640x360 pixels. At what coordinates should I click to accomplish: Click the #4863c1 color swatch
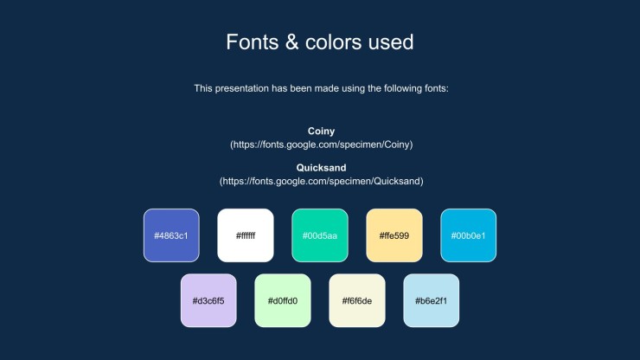click(171, 235)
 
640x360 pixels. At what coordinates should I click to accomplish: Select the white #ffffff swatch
click(246, 235)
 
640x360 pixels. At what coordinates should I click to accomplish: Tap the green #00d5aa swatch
click(320, 235)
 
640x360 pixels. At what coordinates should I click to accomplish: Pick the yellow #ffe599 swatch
click(394, 235)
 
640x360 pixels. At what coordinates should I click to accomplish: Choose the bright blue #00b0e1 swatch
click(469, 235)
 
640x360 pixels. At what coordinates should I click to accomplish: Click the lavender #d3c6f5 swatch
click(208, 300)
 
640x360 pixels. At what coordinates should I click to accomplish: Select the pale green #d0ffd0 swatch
click(283, 300)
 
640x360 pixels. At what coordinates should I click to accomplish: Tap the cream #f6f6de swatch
click(357, 300)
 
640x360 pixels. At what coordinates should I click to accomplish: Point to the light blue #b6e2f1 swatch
click(432, 300)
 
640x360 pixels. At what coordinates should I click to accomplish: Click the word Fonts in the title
click(253, 42)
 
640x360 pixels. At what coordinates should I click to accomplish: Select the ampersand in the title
click(291, 42)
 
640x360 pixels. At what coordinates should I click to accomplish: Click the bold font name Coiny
click(321, 132)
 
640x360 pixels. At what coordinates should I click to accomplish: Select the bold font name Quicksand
click(321, 168)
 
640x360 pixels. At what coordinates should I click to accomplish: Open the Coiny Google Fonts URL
click(321, 145)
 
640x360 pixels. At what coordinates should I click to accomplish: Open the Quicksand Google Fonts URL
click(321, 181)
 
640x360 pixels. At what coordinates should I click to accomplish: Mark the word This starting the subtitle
click(203, 88)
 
